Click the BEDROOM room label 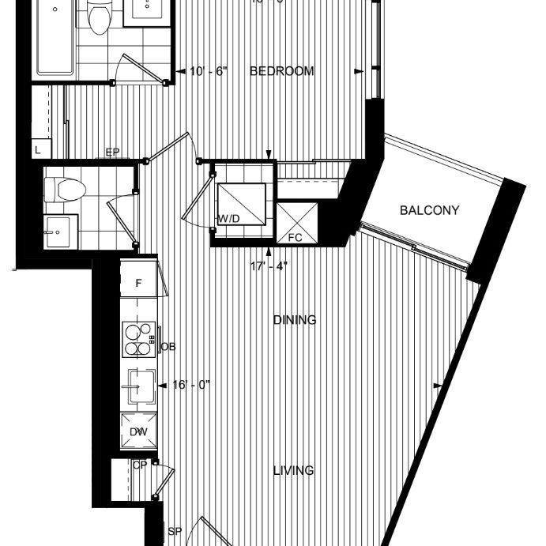[282, 71]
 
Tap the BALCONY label [429, 210]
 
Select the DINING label [295, 320]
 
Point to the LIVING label [293, 470]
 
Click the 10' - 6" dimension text [209, 71]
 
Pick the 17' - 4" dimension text [269, 265]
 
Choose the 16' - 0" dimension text [190, 386]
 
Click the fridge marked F [139, 282]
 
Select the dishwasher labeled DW [138, 431]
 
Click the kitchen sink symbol [138, 387]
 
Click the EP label [112, 153]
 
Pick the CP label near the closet [140, 465]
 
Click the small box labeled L [39, 149]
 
